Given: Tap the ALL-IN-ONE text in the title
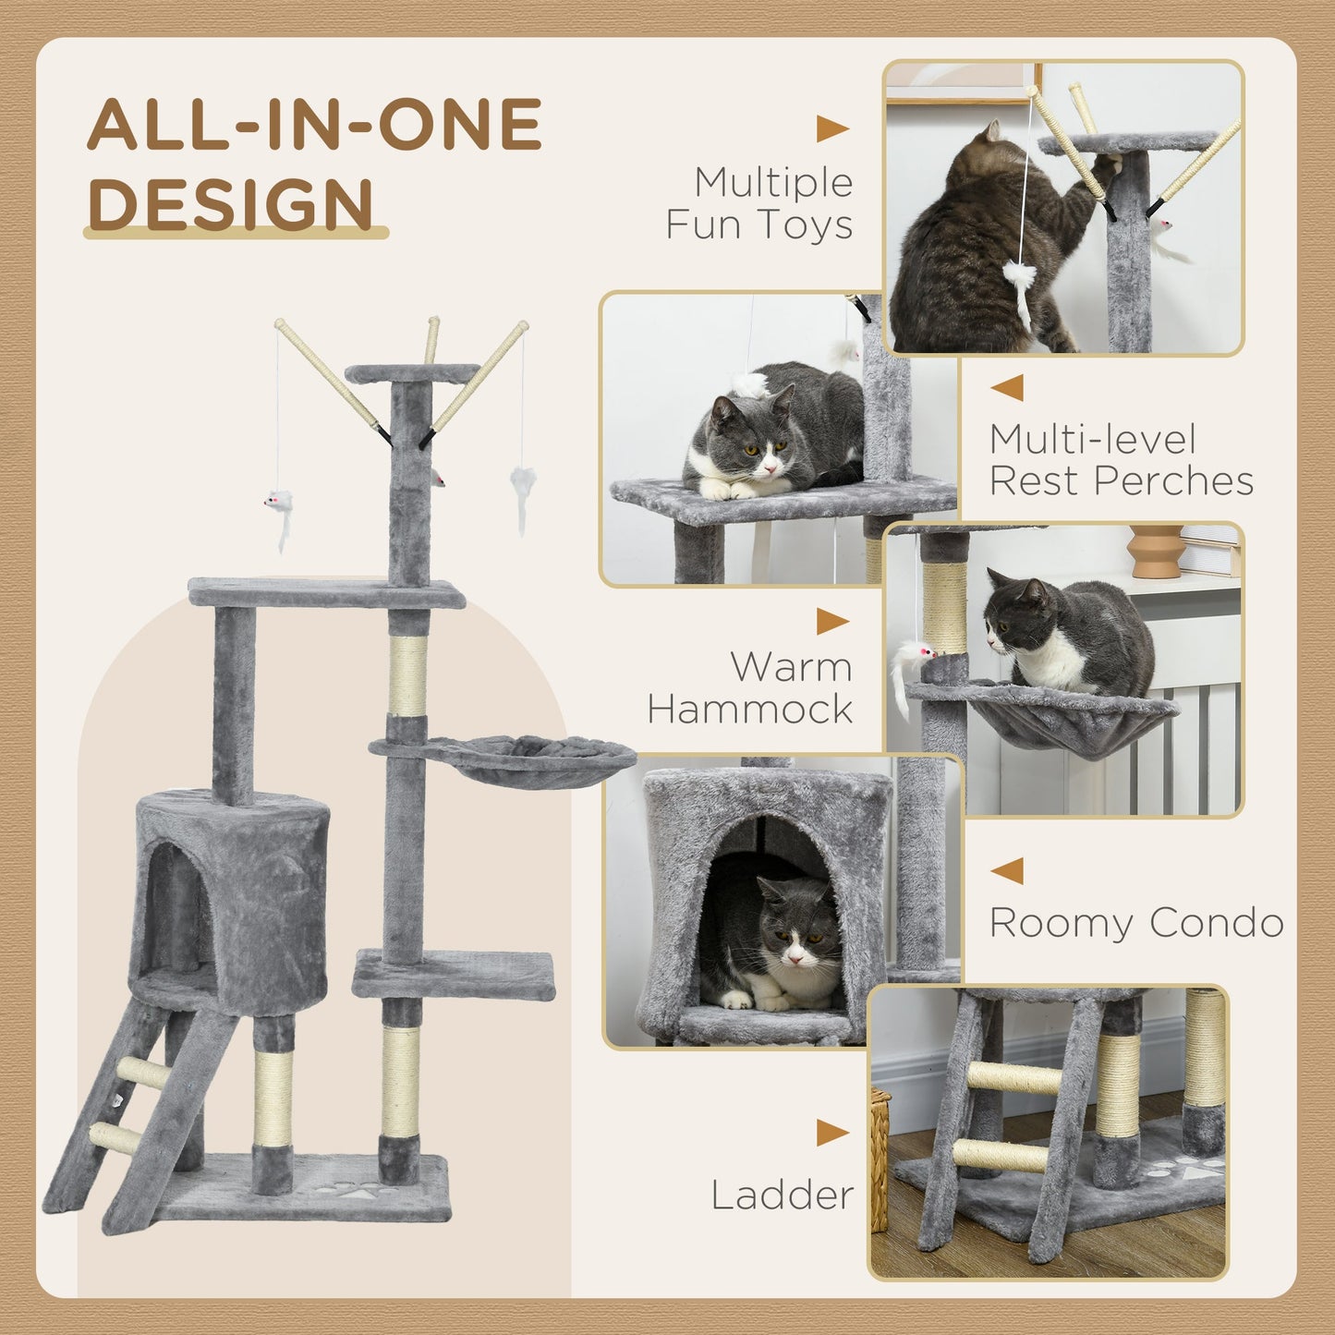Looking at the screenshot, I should click(x=314, y=124).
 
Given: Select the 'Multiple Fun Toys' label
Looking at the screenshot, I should click(x=759, y=203).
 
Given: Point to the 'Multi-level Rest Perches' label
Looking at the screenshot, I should click(x=1121, y=460).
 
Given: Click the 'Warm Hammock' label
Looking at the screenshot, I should click(x=750, y=687).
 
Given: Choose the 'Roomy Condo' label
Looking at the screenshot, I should click(x=1135, y=922).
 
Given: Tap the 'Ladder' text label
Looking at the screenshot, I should click(x=782, y=1195).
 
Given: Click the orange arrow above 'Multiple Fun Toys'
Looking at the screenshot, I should click(x=831, y=129).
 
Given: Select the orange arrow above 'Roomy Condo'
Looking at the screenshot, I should click(x=1007, y=870).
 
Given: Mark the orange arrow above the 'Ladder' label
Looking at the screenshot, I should click(x=831, y=1133).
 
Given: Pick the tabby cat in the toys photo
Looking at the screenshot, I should click(x=979, y=249).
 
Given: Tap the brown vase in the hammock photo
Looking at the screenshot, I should click(x=1155, y=552).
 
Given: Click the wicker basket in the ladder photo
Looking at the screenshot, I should click(x=880, y=1159).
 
